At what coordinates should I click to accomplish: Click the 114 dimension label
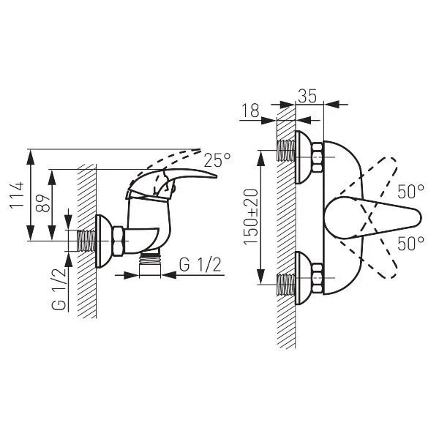click(x=17, y=195)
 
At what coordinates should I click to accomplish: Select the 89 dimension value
click(x=43, y=203)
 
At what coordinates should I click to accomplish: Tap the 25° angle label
click(x=217, y=160)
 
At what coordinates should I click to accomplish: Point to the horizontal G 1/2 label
click(x=200, y=265)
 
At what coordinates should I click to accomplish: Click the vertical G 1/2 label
click(x=59, y=289)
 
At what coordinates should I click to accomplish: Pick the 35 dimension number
click(x=307, y=96)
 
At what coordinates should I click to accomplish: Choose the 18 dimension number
click(x=250, y=110)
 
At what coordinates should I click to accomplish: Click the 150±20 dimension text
click(x=250, y=217)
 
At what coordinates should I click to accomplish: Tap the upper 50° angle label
click(x=410, y=192)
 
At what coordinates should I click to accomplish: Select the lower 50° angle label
click(x=410, y=243)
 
